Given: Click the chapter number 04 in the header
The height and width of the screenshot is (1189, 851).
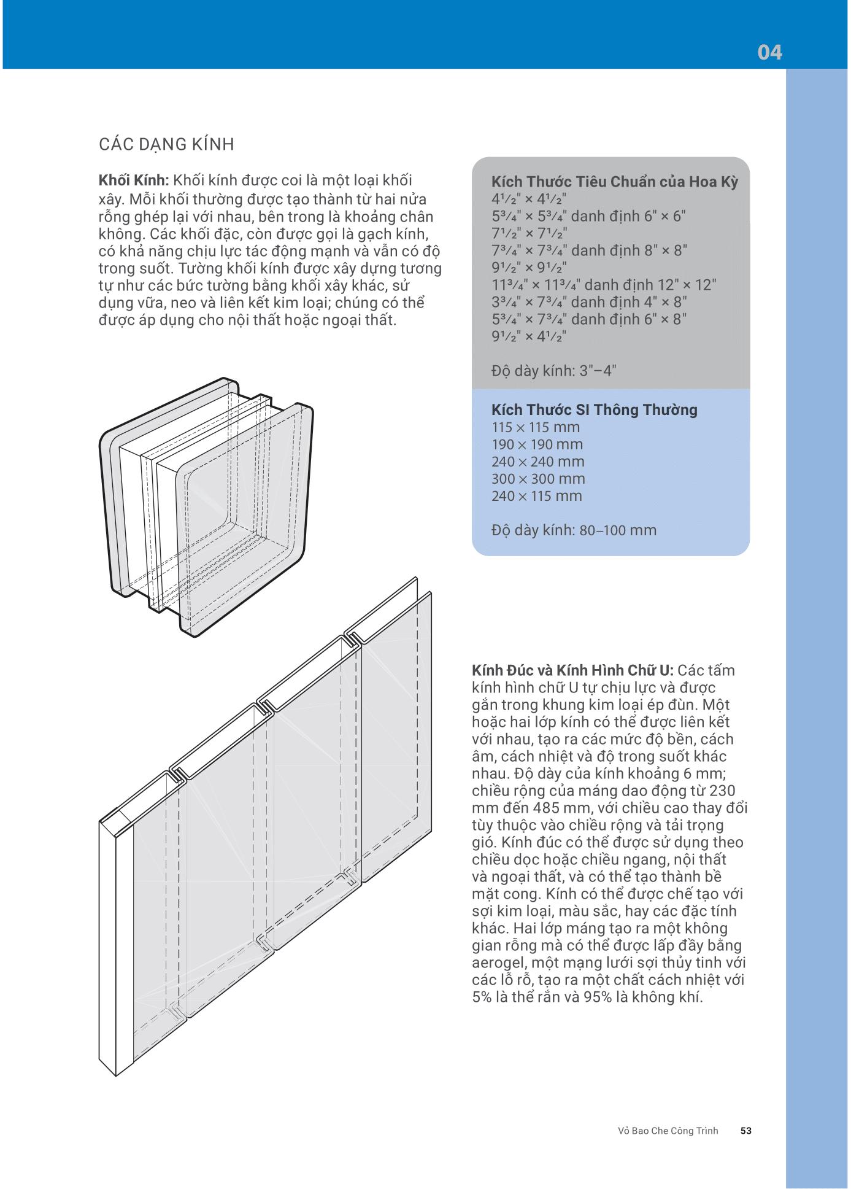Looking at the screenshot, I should tap(769, 53).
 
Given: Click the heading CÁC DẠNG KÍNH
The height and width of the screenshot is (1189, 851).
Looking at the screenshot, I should tap(166, 145).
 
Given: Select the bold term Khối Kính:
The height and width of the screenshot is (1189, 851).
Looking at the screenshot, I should tap(133, 180).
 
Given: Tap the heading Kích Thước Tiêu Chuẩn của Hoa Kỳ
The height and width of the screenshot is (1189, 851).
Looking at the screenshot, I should tap(614, 182).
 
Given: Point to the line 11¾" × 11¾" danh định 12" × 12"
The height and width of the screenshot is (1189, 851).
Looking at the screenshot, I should tap(604, 285).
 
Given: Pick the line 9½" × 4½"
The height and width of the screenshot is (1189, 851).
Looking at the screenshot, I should tap(528, 336).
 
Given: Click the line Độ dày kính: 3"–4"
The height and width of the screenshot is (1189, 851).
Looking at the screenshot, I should tap(553, 371).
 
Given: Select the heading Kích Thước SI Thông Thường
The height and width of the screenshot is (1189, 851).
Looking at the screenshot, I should tap(594, 410).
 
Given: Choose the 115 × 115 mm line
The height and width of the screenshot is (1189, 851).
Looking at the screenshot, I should tap(535, 427).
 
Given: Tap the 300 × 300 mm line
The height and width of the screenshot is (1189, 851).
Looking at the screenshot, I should tap(537, 479).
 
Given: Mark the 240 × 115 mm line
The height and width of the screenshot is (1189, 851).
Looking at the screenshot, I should tap(536, 496).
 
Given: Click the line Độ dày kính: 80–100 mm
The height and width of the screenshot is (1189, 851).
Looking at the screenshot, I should tap(574, 530).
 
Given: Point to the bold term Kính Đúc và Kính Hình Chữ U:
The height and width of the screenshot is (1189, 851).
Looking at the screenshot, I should tap(572, 670).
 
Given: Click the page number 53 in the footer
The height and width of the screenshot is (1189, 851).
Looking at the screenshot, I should tap(746, 1131).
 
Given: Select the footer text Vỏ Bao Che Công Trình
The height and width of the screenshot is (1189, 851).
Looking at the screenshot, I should tap(668, 1131).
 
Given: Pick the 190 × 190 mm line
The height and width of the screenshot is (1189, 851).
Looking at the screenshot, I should tap(537, 444).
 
